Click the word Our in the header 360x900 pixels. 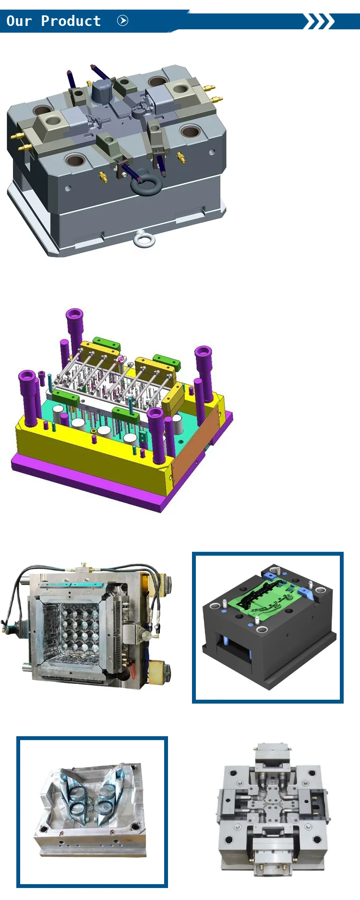pos(19,21)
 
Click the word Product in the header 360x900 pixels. pos(71,21)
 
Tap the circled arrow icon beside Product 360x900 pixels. pos(123,21)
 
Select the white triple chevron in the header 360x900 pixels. pos(319,22)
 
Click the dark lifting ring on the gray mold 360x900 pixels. pos(145,185)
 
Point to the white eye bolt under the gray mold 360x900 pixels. pos(144,239)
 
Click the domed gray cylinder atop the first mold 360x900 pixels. pos(102,90)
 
